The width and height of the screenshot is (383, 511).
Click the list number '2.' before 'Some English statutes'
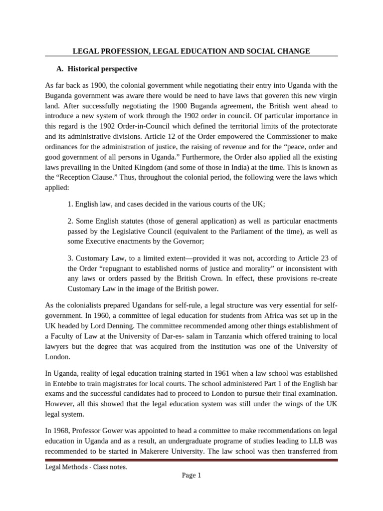pos(70,221)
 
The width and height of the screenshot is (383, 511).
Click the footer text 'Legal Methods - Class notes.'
pos(86,468)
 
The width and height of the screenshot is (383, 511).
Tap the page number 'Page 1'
pos(191,476)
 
